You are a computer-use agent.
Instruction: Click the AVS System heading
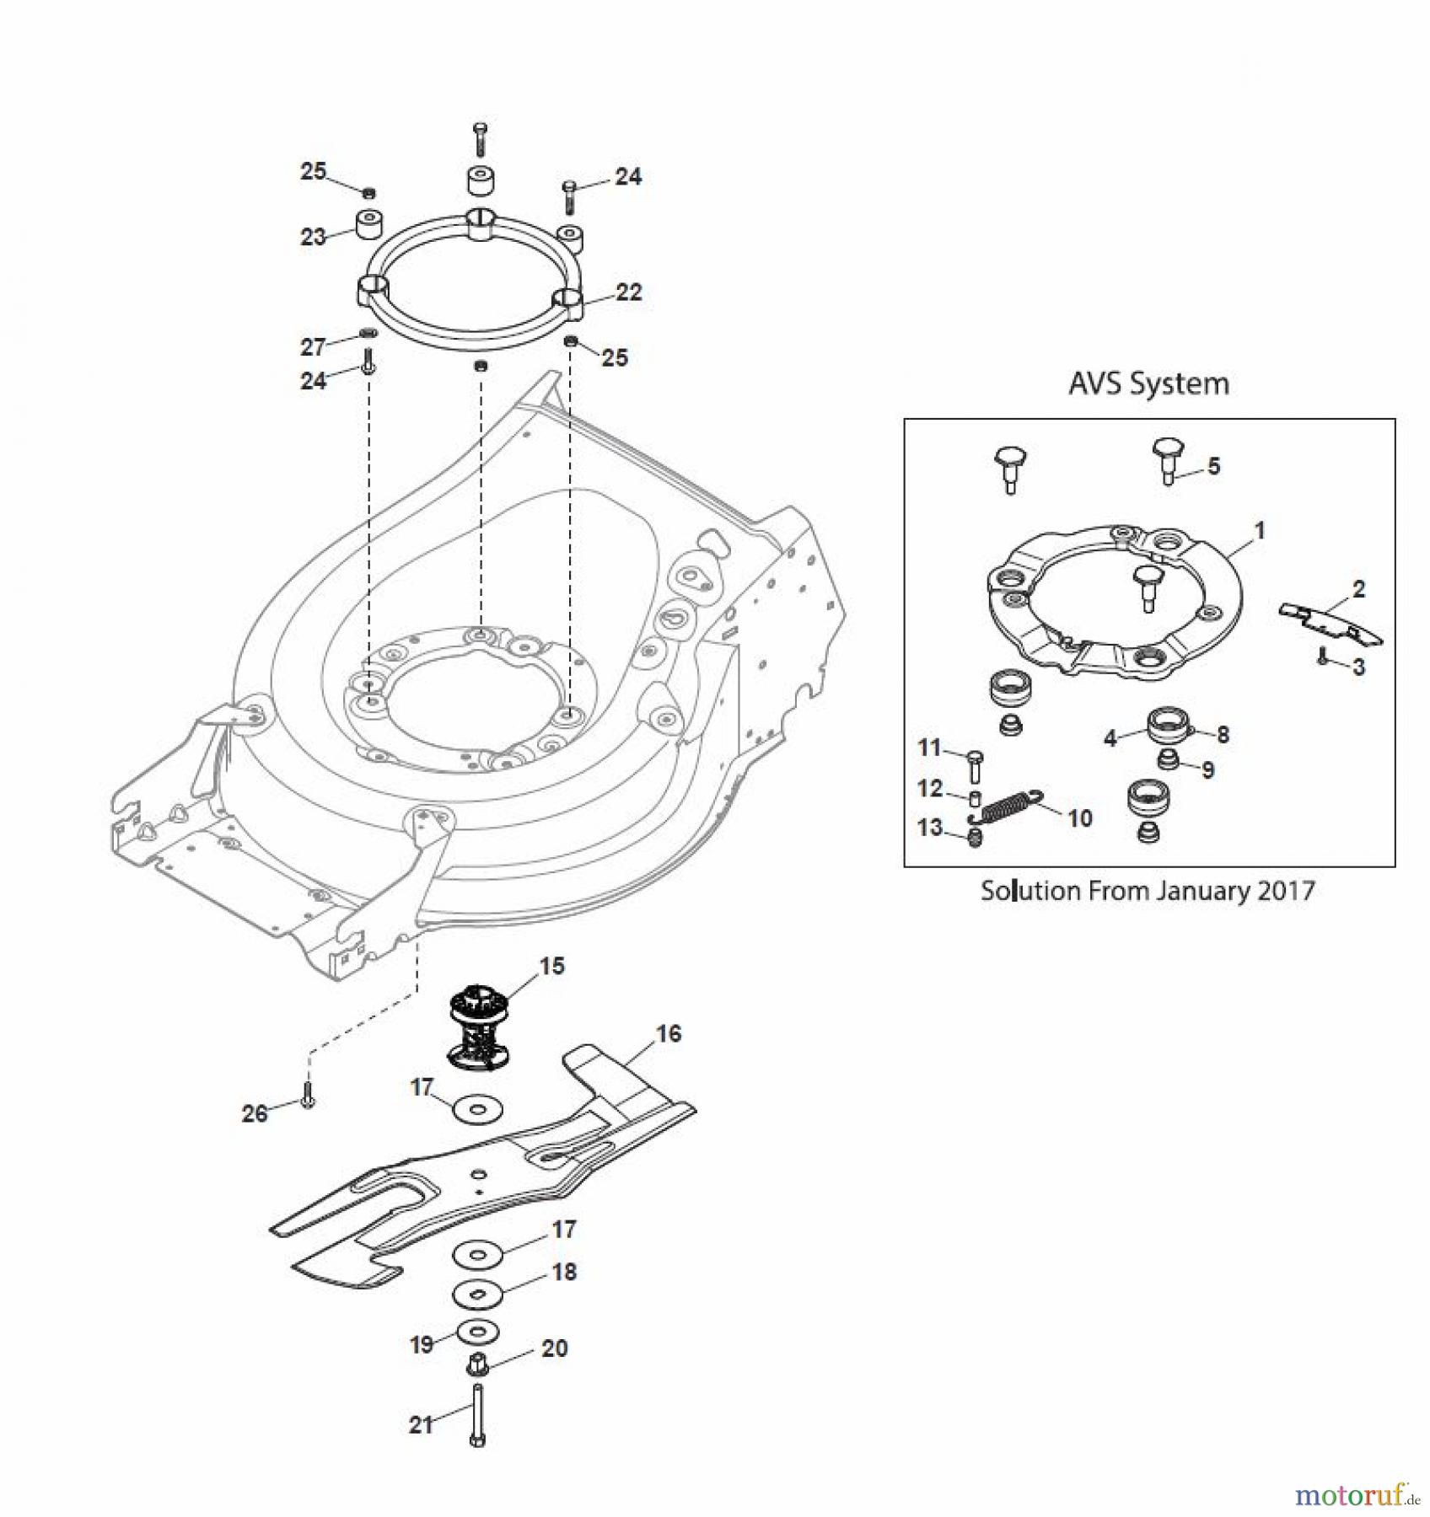point(1148,384)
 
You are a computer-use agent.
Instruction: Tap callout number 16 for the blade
point(669,1033)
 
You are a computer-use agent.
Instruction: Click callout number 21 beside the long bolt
point(421,1424)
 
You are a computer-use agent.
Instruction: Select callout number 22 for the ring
point(629,292)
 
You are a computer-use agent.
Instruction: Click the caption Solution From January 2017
point(1148,891)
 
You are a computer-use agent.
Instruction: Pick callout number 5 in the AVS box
point(1213,466)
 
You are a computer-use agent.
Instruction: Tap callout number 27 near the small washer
point(313,346)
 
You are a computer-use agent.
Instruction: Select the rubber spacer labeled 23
point(368,224)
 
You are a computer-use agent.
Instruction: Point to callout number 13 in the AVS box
point(930,828)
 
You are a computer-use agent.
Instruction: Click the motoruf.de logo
point(1358,1495)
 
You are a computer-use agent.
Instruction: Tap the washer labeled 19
point(477,1332)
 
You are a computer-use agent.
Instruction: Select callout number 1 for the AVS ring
point(1260,531)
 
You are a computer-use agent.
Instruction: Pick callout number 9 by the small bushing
point(1207,770)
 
